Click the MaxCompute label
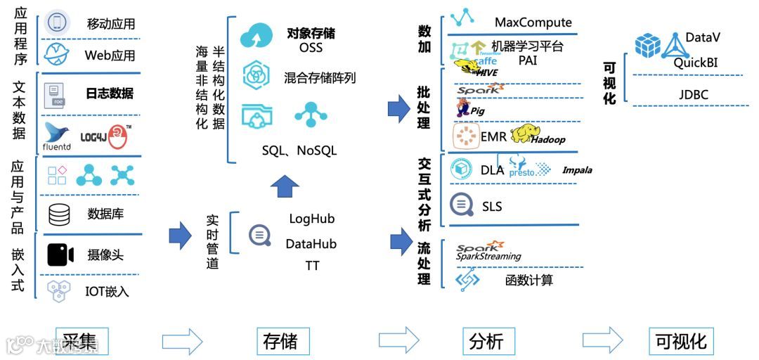point(533,23)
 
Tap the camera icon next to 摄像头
point(60,255)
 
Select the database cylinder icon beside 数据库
point(59,214)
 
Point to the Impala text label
point(577,170)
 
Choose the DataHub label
point(311,244)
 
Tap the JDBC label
point(693,94)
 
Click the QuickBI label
point(696,63)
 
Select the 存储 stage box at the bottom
point(280,341)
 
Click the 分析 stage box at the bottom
point(486,341)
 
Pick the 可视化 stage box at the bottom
point(680,341)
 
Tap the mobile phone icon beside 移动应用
point(58,22)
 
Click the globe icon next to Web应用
point(58,53)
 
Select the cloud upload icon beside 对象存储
point(255,37)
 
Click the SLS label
point(492,207)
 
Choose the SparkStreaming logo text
point(488,252)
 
